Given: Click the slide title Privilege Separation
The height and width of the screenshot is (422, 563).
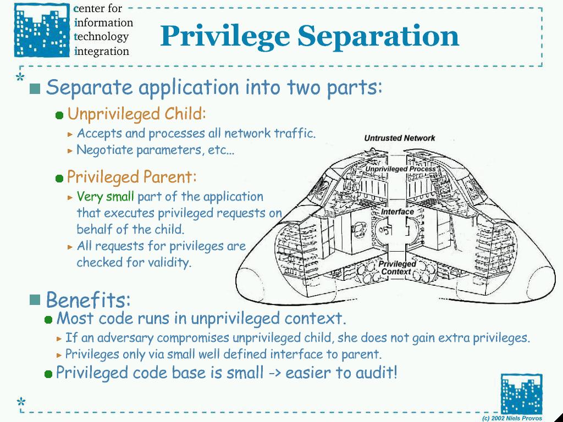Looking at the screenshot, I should point(310,36).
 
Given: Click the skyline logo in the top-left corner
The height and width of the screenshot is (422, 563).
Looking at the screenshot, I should point(42,30).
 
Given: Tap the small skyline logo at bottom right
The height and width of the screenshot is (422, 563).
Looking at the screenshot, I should point(521,394).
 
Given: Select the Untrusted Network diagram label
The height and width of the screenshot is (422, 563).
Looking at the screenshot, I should point(399,138).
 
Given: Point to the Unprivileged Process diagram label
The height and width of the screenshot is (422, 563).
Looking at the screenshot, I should point(400,169).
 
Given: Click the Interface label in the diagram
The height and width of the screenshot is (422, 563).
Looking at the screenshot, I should point(397,212).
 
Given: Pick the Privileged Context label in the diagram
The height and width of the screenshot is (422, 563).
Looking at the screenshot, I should point(396,268).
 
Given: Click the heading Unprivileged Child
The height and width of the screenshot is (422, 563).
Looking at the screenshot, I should point(136,114).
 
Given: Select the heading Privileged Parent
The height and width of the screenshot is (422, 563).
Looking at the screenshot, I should point(131,177).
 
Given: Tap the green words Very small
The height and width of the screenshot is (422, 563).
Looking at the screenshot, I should point(105,196).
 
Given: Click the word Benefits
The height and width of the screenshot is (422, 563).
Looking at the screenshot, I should point(88,300).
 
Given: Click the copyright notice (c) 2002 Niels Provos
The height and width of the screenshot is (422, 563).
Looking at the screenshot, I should point(512,418).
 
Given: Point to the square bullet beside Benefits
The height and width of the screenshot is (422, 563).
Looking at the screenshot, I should point(35,299).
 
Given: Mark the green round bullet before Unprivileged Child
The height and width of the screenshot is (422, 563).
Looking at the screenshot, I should point(59,115).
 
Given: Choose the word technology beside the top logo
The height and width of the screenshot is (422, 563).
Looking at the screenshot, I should point(102,37).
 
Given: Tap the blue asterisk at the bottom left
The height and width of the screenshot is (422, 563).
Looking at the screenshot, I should point(21,402).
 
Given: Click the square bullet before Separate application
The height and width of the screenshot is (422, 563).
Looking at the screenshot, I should point(35,88).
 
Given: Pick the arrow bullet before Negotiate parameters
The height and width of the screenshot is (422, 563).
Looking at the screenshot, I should point(70,150).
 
